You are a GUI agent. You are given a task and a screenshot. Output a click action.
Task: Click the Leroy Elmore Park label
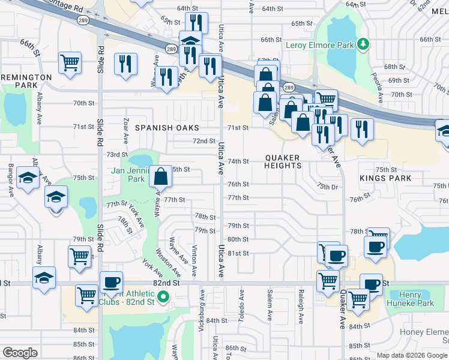tap(320, 44)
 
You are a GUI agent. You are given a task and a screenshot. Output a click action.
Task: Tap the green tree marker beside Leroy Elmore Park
tap(362, 44)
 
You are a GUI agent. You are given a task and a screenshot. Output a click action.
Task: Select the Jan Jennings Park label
tap(129, 174)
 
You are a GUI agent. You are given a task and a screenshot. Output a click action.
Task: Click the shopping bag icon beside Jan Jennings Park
tap(161, 176)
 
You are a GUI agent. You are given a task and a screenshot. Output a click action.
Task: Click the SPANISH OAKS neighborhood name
tap(166, 128)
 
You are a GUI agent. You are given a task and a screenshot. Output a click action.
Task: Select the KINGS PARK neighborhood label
tap(385, 178)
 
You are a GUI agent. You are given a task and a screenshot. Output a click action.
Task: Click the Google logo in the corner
tap(20, 352)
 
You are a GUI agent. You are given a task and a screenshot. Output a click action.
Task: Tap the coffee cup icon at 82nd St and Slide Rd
tap(111, 282)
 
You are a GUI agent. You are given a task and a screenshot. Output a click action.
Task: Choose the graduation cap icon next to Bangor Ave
tap(28, 178)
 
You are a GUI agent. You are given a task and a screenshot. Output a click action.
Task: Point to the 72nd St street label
tap(204, 141)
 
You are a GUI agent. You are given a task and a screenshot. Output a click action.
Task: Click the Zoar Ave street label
tap(126, 130)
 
